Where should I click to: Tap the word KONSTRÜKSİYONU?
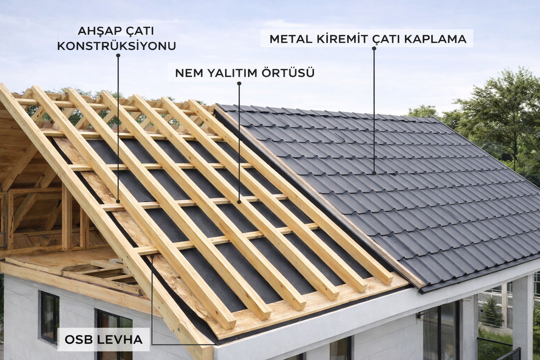point(116,46)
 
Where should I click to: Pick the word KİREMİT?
point(339,39)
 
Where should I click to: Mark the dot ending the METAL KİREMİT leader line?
point(374,173)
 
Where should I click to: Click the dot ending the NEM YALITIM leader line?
point(239,202)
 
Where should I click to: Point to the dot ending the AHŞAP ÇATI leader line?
point(118,201)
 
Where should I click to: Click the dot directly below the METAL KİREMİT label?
point(374,49)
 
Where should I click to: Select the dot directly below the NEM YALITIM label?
point(239,83)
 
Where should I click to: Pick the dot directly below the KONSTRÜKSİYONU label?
point(118,55)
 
